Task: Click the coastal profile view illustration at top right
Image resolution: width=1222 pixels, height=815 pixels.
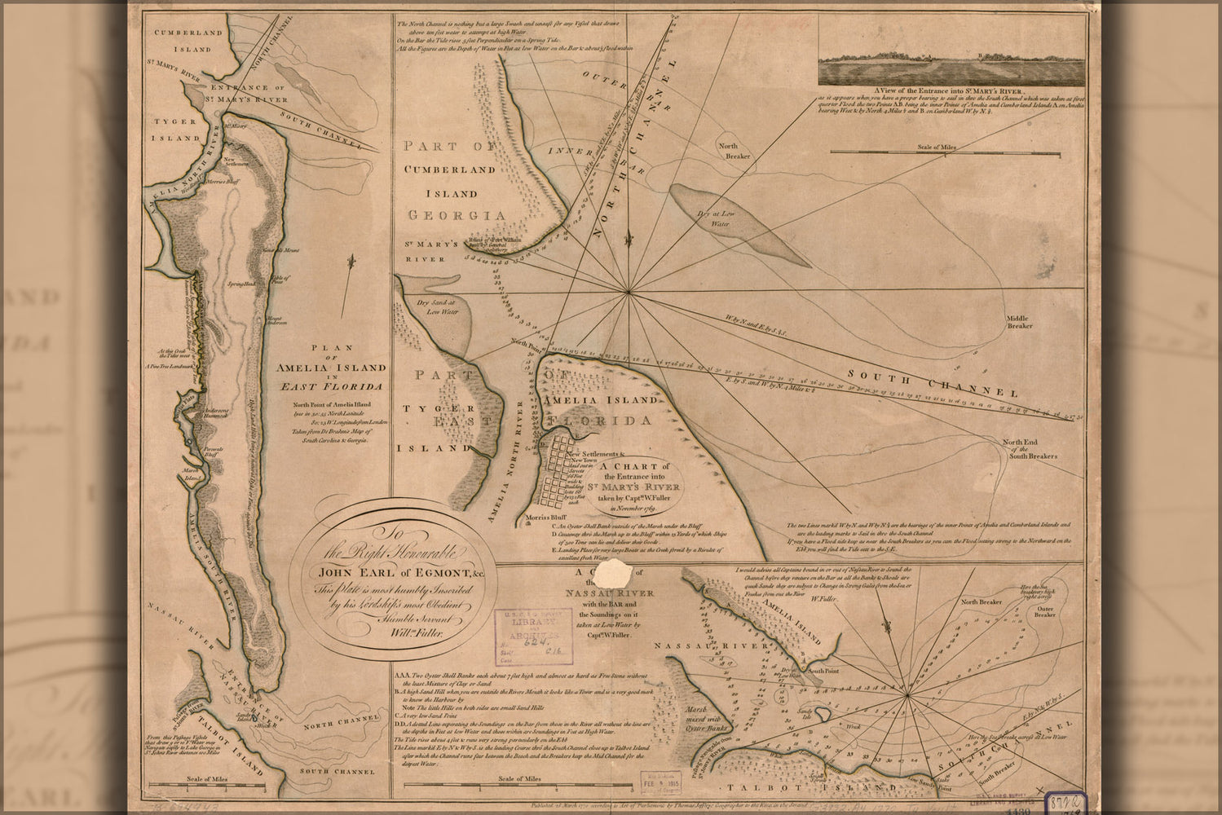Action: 951,66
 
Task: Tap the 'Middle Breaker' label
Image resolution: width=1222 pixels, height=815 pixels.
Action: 1019,321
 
